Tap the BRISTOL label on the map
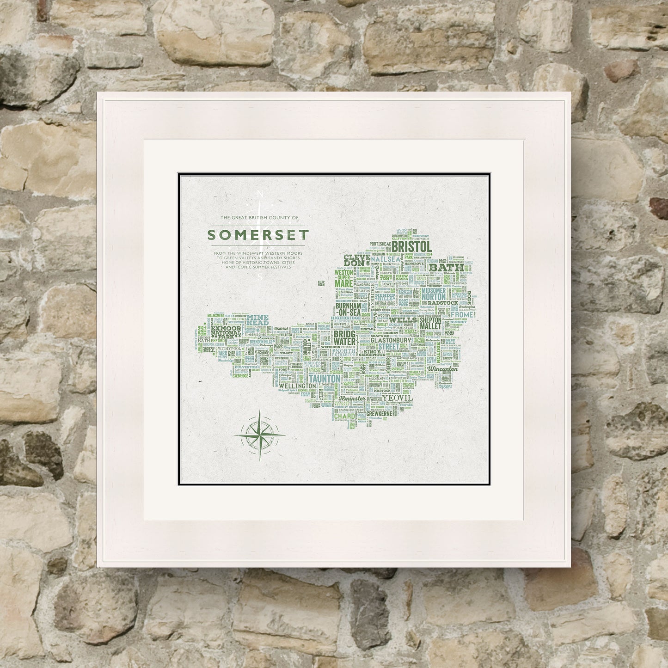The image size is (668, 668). click(411, 246)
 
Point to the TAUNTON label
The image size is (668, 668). click(324, 379)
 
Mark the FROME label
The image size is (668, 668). click(461, 314)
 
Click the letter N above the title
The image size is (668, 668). click(259, 194)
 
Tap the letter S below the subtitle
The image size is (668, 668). click(259, 278)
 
